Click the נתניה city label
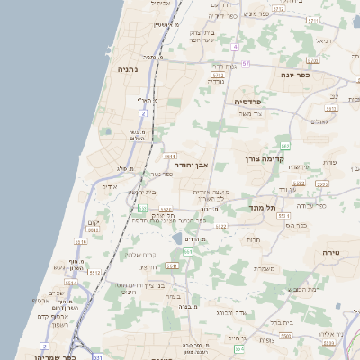pyautogui.click(x=127, y=67)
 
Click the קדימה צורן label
pyautogui.click(x=265, y=158)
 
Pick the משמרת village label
pyautogui.click(x=265, y=267)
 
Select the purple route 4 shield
pyautogui.click(x=234, y=46)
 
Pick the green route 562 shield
pyautogui.click(x=285, y=145)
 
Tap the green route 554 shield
pyautogui.click(x=238, y=347)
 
